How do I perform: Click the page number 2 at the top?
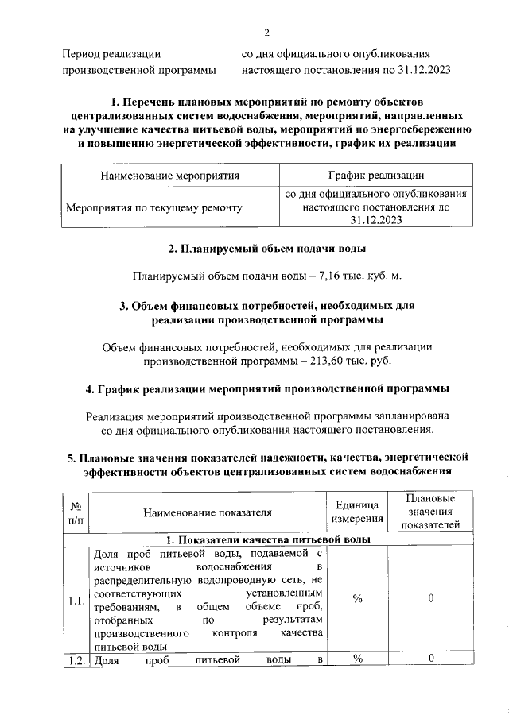click(267, 32)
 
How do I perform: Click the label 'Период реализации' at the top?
click(111, 54)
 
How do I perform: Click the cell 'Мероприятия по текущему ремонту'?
click(154, 207)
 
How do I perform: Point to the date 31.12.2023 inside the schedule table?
click(376, 222)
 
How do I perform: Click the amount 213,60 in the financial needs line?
click(327, 361)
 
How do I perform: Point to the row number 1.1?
click(76, 600)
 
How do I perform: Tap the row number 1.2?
click(76, 659)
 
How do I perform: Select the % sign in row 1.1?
click(357, 599)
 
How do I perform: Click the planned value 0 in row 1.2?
click(429, 659)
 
